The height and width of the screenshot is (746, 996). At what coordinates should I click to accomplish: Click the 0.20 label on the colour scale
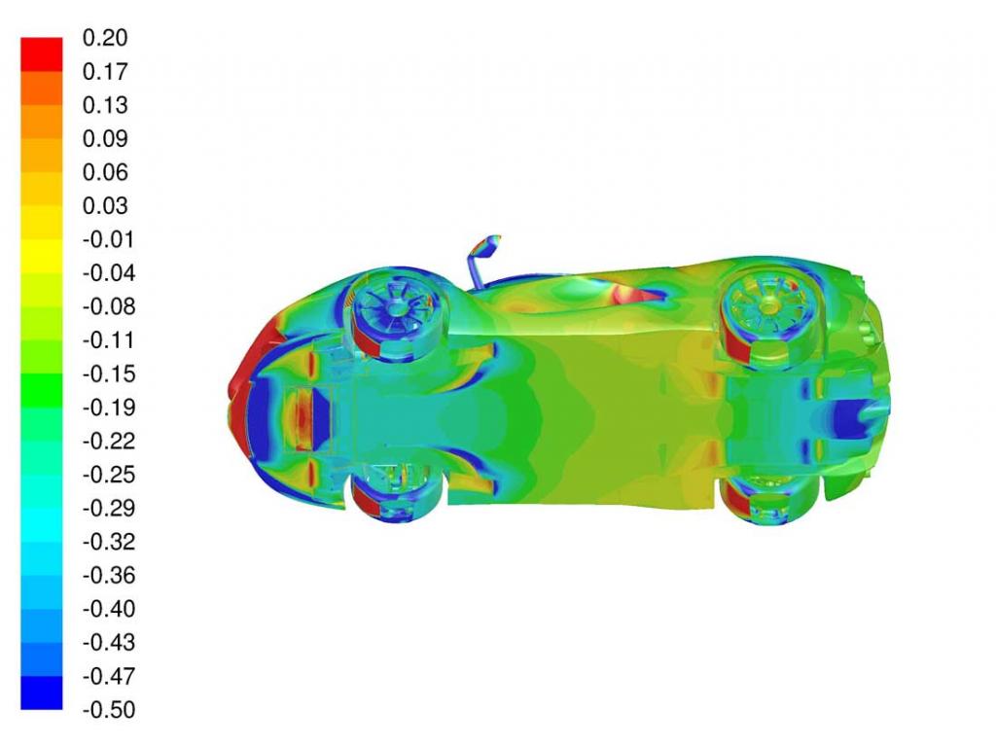105,38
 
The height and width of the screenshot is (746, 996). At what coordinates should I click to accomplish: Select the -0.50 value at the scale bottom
109,709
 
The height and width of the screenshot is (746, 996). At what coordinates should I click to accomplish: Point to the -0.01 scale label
109,239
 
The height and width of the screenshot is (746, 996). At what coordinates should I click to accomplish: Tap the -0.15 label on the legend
109,373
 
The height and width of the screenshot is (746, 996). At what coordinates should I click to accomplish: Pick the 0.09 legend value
105,138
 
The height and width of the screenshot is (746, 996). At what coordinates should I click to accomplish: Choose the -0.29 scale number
109,508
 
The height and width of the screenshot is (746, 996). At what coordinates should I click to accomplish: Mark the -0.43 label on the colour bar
109,642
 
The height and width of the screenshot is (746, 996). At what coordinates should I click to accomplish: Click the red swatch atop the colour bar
42,54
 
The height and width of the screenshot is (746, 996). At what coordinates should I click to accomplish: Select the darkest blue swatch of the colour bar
42,693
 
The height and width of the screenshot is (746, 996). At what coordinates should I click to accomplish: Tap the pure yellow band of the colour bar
42,256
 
